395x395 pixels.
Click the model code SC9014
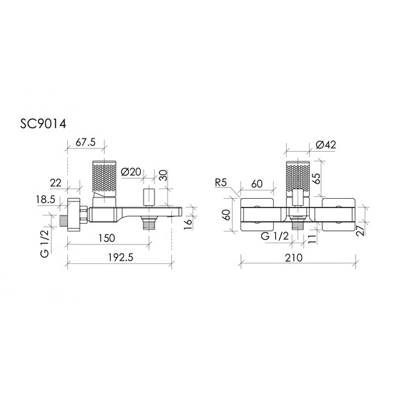pos(43,123)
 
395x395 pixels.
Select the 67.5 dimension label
pos(86,142)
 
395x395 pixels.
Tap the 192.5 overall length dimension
pos(121,258)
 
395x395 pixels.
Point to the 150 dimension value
pos(107,238)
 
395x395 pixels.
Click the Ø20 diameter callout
pos(131,172)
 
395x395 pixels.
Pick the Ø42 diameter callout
pos(326,145)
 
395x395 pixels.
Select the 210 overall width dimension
pos(294,258)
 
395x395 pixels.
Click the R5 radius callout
pos(221,183)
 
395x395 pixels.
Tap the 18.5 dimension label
pos(46,200)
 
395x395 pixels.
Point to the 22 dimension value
pos(55,183)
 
